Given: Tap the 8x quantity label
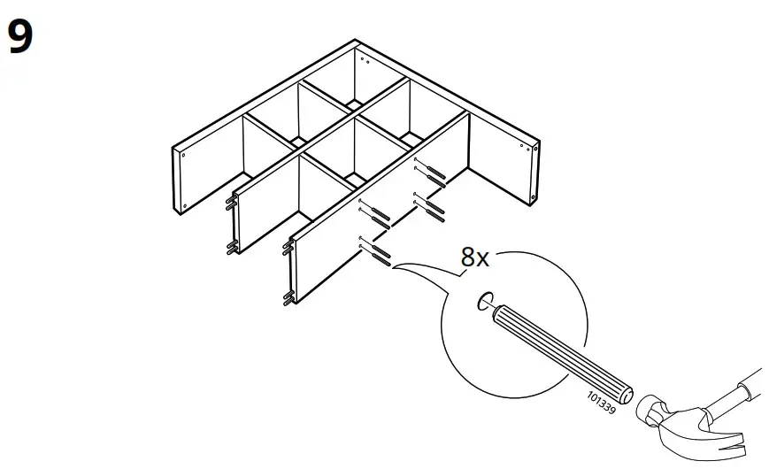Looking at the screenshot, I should [474, 258].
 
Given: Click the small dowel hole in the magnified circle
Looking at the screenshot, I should [484, 303].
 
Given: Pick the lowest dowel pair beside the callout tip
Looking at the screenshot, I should [378, 256].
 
